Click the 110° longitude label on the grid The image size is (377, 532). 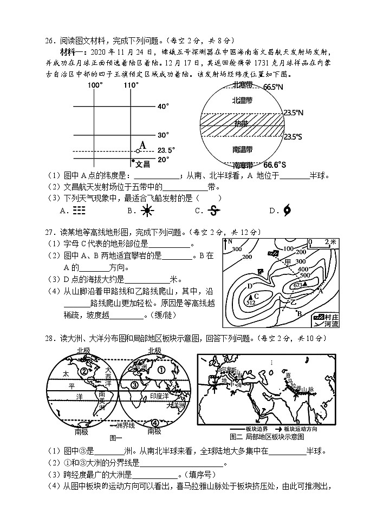point(131,85)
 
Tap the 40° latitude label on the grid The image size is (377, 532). point(163,107)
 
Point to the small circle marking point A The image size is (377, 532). point(138,151)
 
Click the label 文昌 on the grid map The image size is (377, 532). point(142,164)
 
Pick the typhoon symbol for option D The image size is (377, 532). point(287,211)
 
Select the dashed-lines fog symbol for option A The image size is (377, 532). point(79,211)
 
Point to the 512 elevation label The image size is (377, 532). point(250,303)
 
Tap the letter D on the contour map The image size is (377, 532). point(250,286)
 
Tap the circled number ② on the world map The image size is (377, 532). point(83,371)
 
